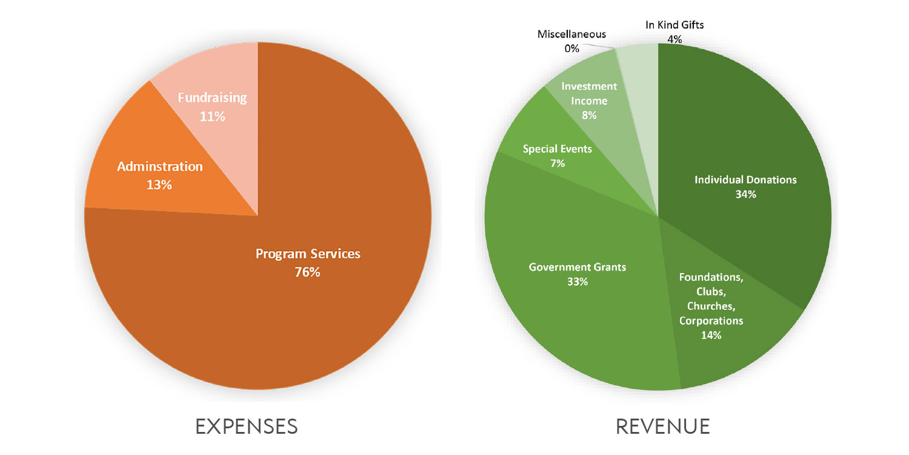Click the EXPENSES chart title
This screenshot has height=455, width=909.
click(246, 426)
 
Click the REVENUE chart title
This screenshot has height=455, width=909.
click(662, 426)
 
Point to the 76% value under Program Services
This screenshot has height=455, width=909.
click(307, 272)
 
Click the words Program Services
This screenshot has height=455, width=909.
click(308, 254)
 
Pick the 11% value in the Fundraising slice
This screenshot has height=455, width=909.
click(212, 116)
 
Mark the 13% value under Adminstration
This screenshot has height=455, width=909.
click(159, 184)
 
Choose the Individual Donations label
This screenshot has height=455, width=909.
click(745, 180)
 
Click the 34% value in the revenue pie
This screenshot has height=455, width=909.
click(745, 195)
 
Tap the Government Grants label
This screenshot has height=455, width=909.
click(577, 267)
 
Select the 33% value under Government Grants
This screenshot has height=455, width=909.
click(577, 282)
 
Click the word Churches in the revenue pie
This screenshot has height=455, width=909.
click(711, 306)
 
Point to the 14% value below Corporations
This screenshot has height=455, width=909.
click(710, 335)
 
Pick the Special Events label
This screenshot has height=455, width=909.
click(557, 149)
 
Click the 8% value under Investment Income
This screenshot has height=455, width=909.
click(588, 115)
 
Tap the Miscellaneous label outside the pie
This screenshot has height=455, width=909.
click(571, 34)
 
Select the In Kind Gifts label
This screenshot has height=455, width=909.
click(674, 25)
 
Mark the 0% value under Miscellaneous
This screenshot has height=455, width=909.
click(571, 48)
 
